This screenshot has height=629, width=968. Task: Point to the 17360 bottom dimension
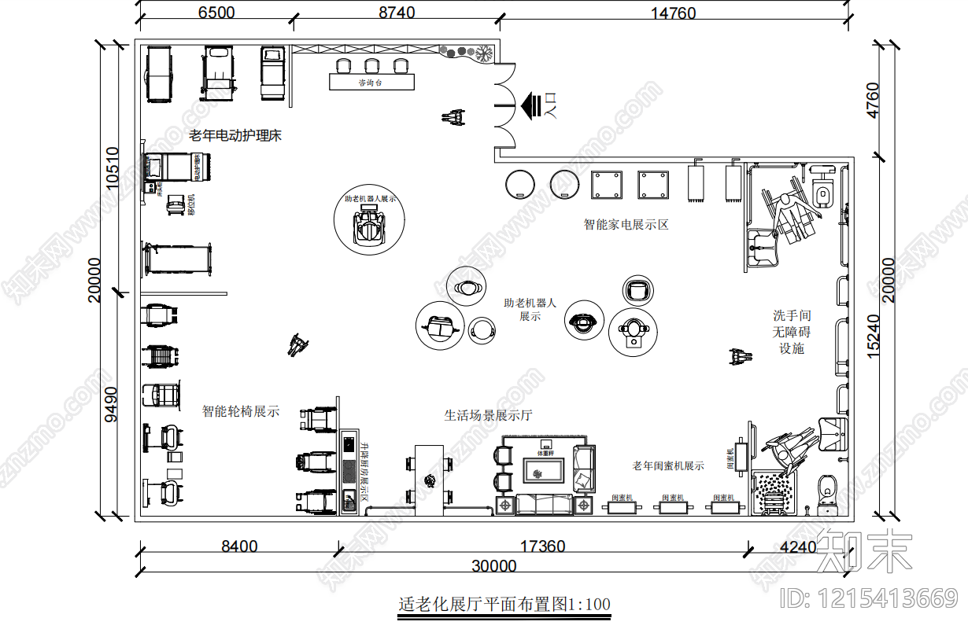[x=544, y=546]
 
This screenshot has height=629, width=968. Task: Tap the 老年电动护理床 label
[x=235, y=136]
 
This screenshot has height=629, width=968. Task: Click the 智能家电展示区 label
[x=626, y=225]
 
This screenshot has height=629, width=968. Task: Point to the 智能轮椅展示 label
[x=240, y=411]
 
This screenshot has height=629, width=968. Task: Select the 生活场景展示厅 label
[x=488, y=415]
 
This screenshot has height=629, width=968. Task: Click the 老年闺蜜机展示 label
[x=668, y=465]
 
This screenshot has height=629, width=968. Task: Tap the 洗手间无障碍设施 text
[x=792, y=332]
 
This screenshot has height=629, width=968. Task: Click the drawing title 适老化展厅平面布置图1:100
[x=504, y=605]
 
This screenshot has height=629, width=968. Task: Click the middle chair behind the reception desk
[x=372, y=65]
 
